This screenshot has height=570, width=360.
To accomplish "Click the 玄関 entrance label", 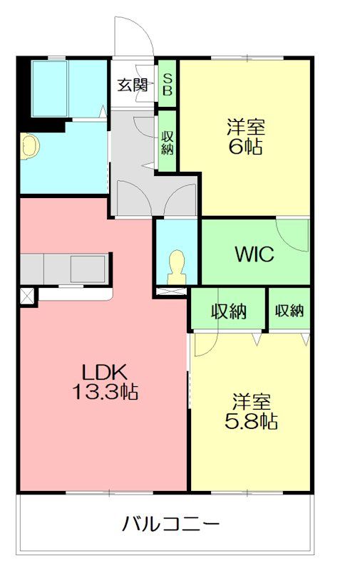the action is point(133,85).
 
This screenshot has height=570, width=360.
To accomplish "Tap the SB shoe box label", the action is point(168,84).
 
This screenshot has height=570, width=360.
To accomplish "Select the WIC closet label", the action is point(254,254).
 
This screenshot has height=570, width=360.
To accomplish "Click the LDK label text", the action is point(105,373).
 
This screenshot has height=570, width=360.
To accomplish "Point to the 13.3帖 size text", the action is point(105,391).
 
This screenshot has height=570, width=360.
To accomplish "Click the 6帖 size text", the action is point(245,147).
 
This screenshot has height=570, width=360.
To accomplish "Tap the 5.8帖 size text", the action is point(251,421).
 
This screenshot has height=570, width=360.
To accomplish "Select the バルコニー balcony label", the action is point(171,524).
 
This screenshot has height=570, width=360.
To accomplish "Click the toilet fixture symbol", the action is point(177,267).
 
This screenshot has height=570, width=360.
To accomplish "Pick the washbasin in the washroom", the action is point(29,146).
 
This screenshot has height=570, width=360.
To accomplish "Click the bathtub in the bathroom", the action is point(50,88).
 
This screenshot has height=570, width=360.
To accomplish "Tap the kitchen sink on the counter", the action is point(88,269).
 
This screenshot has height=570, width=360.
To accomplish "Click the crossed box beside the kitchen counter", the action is point(27,296).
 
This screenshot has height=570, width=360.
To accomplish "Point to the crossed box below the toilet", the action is point(171,291).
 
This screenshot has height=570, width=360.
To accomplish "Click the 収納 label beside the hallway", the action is point(168,142).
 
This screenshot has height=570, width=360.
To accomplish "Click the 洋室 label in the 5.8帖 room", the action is point(251,401).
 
